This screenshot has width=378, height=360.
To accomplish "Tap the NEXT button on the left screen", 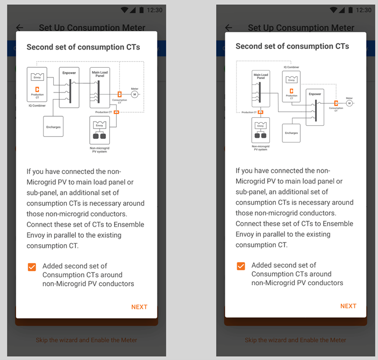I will [139, 307].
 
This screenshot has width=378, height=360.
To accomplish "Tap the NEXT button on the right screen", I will [348, 306].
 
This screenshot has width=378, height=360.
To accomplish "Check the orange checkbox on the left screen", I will [32, 267].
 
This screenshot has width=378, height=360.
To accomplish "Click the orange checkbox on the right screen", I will [241, 266].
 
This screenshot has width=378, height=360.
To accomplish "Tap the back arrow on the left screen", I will [20, 27].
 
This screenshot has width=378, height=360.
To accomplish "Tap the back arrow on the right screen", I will [229, 27].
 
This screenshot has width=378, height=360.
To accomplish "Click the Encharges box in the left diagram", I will [53, 127].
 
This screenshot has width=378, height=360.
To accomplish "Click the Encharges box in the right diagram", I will [291, 133].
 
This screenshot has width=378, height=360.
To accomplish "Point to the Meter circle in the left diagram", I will [134, 94].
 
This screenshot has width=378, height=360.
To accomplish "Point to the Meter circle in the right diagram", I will [349, 103].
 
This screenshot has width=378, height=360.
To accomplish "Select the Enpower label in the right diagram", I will [315, 94].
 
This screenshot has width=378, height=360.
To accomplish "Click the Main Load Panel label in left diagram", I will [100, 74].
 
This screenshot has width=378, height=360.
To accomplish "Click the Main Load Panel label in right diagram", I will [261, 76].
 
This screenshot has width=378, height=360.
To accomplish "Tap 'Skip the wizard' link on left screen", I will [86, 340].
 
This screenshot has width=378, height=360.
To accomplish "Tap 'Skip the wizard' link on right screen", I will [295, 340].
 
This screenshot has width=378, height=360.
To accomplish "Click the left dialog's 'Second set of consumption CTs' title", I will [83, 47].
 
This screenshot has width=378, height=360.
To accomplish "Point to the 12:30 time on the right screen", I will [363, 10].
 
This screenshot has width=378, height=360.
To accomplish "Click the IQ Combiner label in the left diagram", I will [37, 105].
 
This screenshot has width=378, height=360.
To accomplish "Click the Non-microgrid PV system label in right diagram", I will [261, 147].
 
